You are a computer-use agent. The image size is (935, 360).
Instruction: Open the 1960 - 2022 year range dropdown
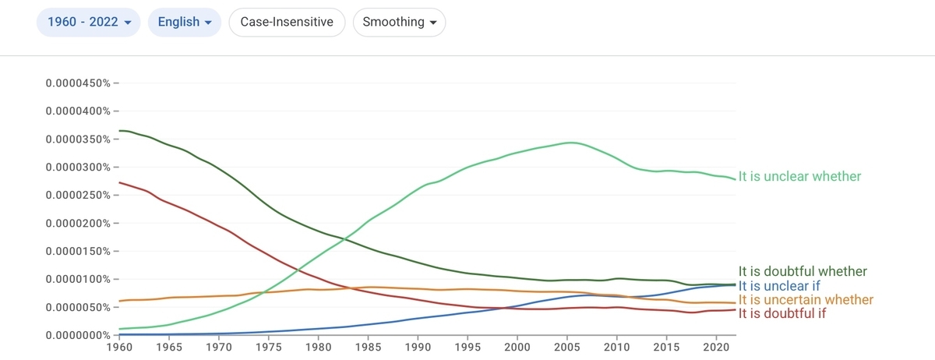point(89,22)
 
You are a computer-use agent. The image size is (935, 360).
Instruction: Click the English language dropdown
point(185,22)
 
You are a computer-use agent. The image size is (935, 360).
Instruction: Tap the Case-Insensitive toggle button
point(287,22)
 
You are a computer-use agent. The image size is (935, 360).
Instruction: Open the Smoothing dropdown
point(399,22)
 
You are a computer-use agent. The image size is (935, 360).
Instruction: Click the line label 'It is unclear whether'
point(799,176)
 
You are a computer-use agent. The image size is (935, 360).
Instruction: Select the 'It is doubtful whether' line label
point(803,271)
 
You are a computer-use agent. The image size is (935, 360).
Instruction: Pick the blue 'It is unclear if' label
point(779,286)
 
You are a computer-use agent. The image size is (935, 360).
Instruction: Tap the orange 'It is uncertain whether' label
point(806,300)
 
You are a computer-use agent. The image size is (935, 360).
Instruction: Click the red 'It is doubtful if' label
point(782,314)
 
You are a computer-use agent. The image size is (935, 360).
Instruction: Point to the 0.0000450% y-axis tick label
point(78,83)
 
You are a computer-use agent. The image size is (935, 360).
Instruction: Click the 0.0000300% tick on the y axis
point(78,167)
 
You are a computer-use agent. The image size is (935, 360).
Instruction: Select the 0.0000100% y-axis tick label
point(78,279)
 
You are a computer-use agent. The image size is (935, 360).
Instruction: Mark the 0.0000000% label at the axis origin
point(78,335)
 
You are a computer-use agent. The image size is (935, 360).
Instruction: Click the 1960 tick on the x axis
point(119,348)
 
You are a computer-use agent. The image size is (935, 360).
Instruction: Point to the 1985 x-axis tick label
point(368,348)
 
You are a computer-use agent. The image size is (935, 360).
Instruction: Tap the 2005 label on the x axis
point(567,348)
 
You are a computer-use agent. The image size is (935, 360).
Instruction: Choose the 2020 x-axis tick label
point(716,348)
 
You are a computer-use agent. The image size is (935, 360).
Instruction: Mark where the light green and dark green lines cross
point(344,239)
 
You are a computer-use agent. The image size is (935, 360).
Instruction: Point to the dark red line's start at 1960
point(119,182)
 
